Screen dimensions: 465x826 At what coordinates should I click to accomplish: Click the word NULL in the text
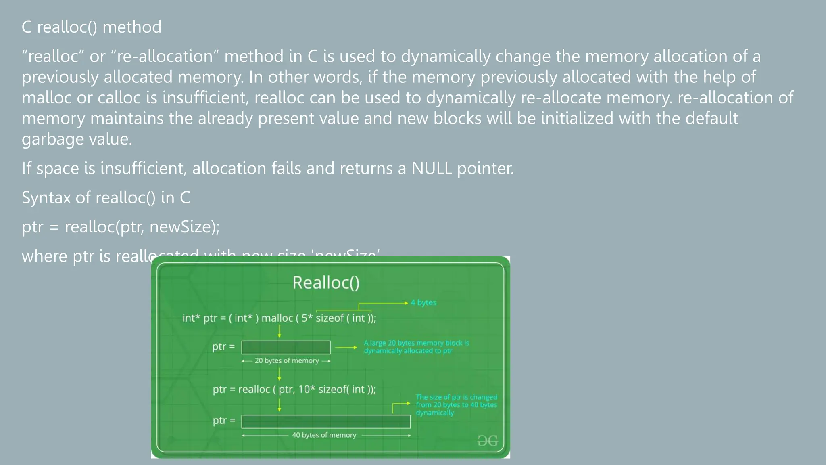[x=431, y=168]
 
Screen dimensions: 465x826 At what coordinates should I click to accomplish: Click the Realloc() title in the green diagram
[x=326, y=283]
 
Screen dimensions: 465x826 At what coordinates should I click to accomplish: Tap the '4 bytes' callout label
[x=423, y=302]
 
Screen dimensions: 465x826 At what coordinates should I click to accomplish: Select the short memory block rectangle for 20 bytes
[x=286, y=347]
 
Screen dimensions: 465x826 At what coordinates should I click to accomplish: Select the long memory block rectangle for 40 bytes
[x=326, y=421]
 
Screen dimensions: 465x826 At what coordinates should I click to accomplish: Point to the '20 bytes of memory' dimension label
[x=286, y=361]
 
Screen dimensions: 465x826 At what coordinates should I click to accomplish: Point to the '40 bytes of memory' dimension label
[x=324, y=435]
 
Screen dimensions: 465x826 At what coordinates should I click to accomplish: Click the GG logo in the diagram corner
[x=487, y=441]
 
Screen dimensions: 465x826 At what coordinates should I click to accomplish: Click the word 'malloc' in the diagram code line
[x=277, y=318]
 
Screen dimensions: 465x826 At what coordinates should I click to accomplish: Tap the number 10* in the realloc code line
[x=306, y=389]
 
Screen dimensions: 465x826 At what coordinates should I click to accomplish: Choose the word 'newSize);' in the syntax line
[x=184, y=227]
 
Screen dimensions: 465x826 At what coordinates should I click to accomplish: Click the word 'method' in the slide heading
[x=132, y=27]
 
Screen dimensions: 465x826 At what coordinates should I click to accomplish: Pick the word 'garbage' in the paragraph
[x=52, y=139]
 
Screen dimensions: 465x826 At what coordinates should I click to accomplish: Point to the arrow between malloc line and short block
[x=279, y=331]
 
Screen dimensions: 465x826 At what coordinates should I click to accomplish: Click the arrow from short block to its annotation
[x=346, y=347]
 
